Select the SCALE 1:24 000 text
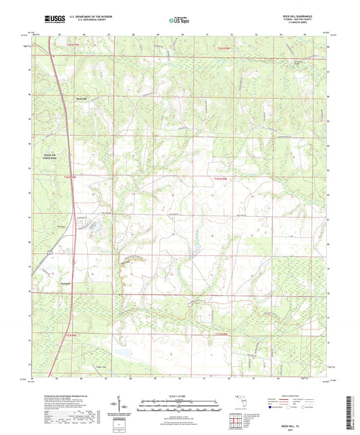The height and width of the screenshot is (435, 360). coord(180,395)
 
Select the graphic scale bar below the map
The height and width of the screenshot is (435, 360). coord(180,407)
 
